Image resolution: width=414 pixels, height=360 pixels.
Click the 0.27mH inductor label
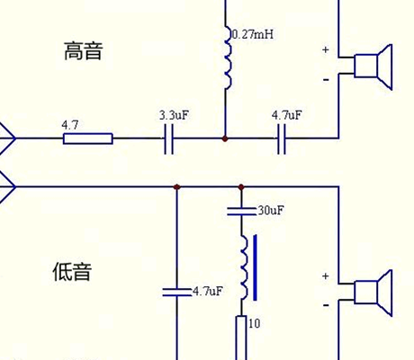[x=253, y=34]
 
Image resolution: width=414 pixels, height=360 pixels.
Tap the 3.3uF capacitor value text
[x=174, y=115]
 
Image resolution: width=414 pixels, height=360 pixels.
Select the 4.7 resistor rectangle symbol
[x=88, y=139]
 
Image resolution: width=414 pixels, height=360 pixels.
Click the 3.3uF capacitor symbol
[x=169, y=139]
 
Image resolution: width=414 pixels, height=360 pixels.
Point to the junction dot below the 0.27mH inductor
[x=225, y=139]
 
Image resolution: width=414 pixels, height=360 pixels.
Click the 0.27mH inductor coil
[x=228, y=58]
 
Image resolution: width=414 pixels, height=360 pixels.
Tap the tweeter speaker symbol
[x=373, y=67]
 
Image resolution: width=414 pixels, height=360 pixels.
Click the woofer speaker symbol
[x=373, y=292]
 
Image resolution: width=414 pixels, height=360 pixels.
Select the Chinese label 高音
[x=84, y=50]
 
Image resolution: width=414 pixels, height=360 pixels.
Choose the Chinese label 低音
[x=72, y=272]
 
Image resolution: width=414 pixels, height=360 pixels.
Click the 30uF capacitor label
[x=271, y=211]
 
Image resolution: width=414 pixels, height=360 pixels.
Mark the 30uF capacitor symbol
[x=241, y=211]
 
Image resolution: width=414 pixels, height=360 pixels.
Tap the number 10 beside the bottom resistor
[x=254, y=323]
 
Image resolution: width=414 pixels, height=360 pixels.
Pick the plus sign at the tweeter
[x=326, y=49]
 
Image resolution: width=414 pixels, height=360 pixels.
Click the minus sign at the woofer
[x=326, y=305]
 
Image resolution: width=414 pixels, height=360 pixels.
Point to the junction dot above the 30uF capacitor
[x=241, y=187]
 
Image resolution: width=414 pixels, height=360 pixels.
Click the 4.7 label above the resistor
[x=70, y=125]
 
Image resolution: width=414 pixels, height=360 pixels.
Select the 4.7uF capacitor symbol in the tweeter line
[x=282, y=139]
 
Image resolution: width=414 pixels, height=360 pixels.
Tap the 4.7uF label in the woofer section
[x=208, y=291]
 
